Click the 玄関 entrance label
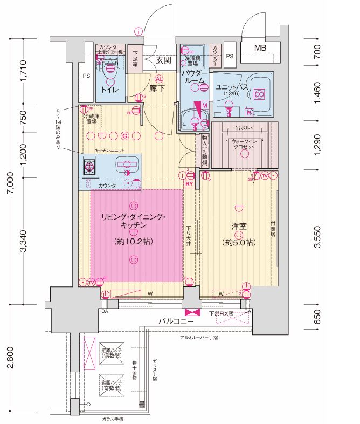point(163,60)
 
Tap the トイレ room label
point(110,90)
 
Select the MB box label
point(260,49)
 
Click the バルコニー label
point(176,322)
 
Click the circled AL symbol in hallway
point(159,78)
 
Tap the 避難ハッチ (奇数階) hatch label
point(112,385)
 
